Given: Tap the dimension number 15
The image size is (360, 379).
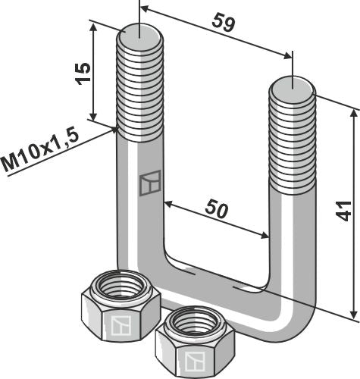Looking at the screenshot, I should point(83,73).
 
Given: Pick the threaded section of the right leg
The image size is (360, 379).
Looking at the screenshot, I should point(293,136).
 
